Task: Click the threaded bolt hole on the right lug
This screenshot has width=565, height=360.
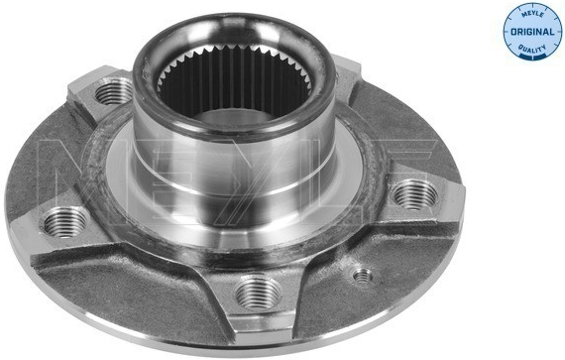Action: point(415,195)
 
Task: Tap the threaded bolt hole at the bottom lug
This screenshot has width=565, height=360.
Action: point(259,293)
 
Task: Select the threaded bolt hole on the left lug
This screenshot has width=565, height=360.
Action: point(64,222)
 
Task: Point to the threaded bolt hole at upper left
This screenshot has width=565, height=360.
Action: point(114,90)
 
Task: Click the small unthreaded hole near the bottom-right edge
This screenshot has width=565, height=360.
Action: point(362,277)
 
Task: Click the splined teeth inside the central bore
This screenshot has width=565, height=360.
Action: point(234,79)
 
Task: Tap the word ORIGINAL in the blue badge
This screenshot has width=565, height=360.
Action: point(532,32)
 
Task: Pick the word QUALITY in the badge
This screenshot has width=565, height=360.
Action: point(532,49)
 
